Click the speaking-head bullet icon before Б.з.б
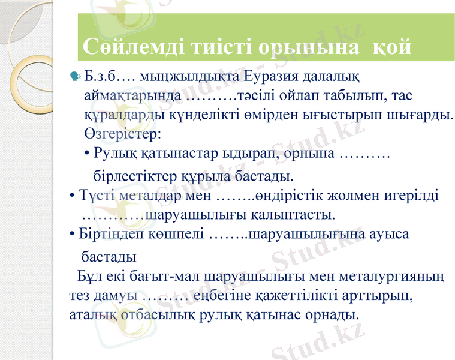(x=75, y=76)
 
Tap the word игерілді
(x=411, y=196)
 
